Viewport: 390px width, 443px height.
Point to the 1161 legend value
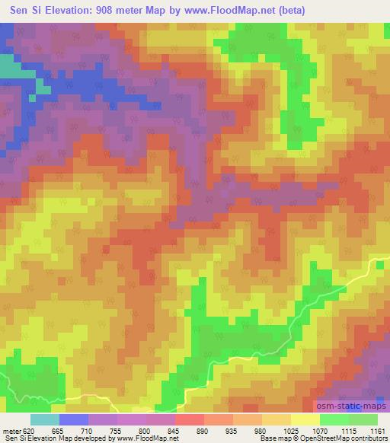[376, 430]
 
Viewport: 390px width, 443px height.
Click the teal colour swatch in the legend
[45, 419]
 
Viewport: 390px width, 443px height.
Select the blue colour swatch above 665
[74, 419]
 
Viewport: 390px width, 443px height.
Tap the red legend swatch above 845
[190, 419]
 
